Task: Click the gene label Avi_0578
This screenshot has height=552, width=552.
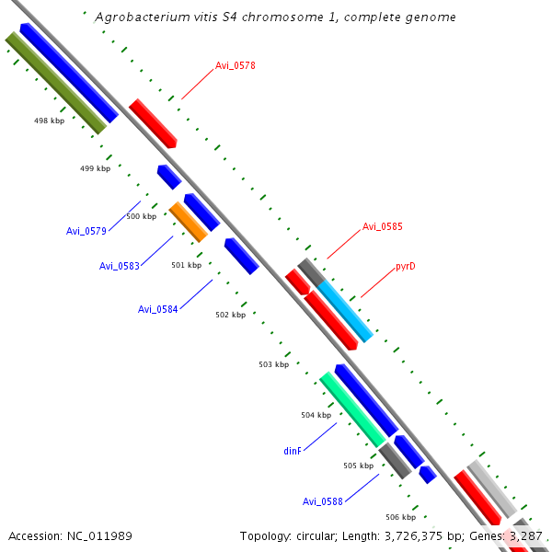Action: [x=236, y=65]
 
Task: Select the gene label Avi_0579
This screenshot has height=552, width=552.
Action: [x=86, y=231]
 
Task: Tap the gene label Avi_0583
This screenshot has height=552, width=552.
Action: [x=120, y=266]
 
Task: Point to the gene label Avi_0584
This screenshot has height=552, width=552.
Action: [x=158, y=309]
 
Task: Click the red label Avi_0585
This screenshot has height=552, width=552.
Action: [x=382, y=226]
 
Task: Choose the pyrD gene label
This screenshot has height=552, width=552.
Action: [x=406, y=267]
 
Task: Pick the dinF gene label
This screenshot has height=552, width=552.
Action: [x=293, y=452]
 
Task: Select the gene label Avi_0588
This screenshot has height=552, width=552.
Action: [x=323, y=501]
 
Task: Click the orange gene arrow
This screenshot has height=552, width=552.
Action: [x=189, y=222]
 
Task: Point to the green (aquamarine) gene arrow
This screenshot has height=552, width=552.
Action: [x=352, y=408]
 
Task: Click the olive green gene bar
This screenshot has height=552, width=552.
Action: [x=56, y=82]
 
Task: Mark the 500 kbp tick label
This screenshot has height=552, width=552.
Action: [x=141, y=216]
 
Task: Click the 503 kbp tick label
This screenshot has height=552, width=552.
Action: [x=273, y=364]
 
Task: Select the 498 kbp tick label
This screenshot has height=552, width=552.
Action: [x=49, y=121]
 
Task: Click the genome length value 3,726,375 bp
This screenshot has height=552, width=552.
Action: [x=397, y=535]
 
